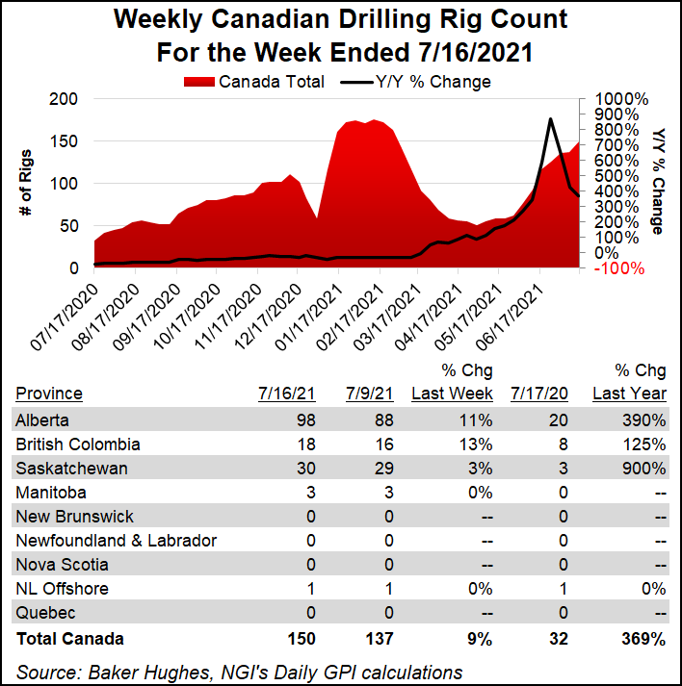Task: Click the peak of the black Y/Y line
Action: click(549, 119)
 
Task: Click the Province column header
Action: click(48, 394)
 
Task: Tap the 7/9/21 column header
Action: click(367, 394)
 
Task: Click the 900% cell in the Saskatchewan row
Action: click(644, 469)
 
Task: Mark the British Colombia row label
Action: click(77, 445)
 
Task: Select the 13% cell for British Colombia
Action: click(478, 445)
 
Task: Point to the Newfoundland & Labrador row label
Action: click(116, 541)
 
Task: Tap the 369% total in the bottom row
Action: click(643, 638)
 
